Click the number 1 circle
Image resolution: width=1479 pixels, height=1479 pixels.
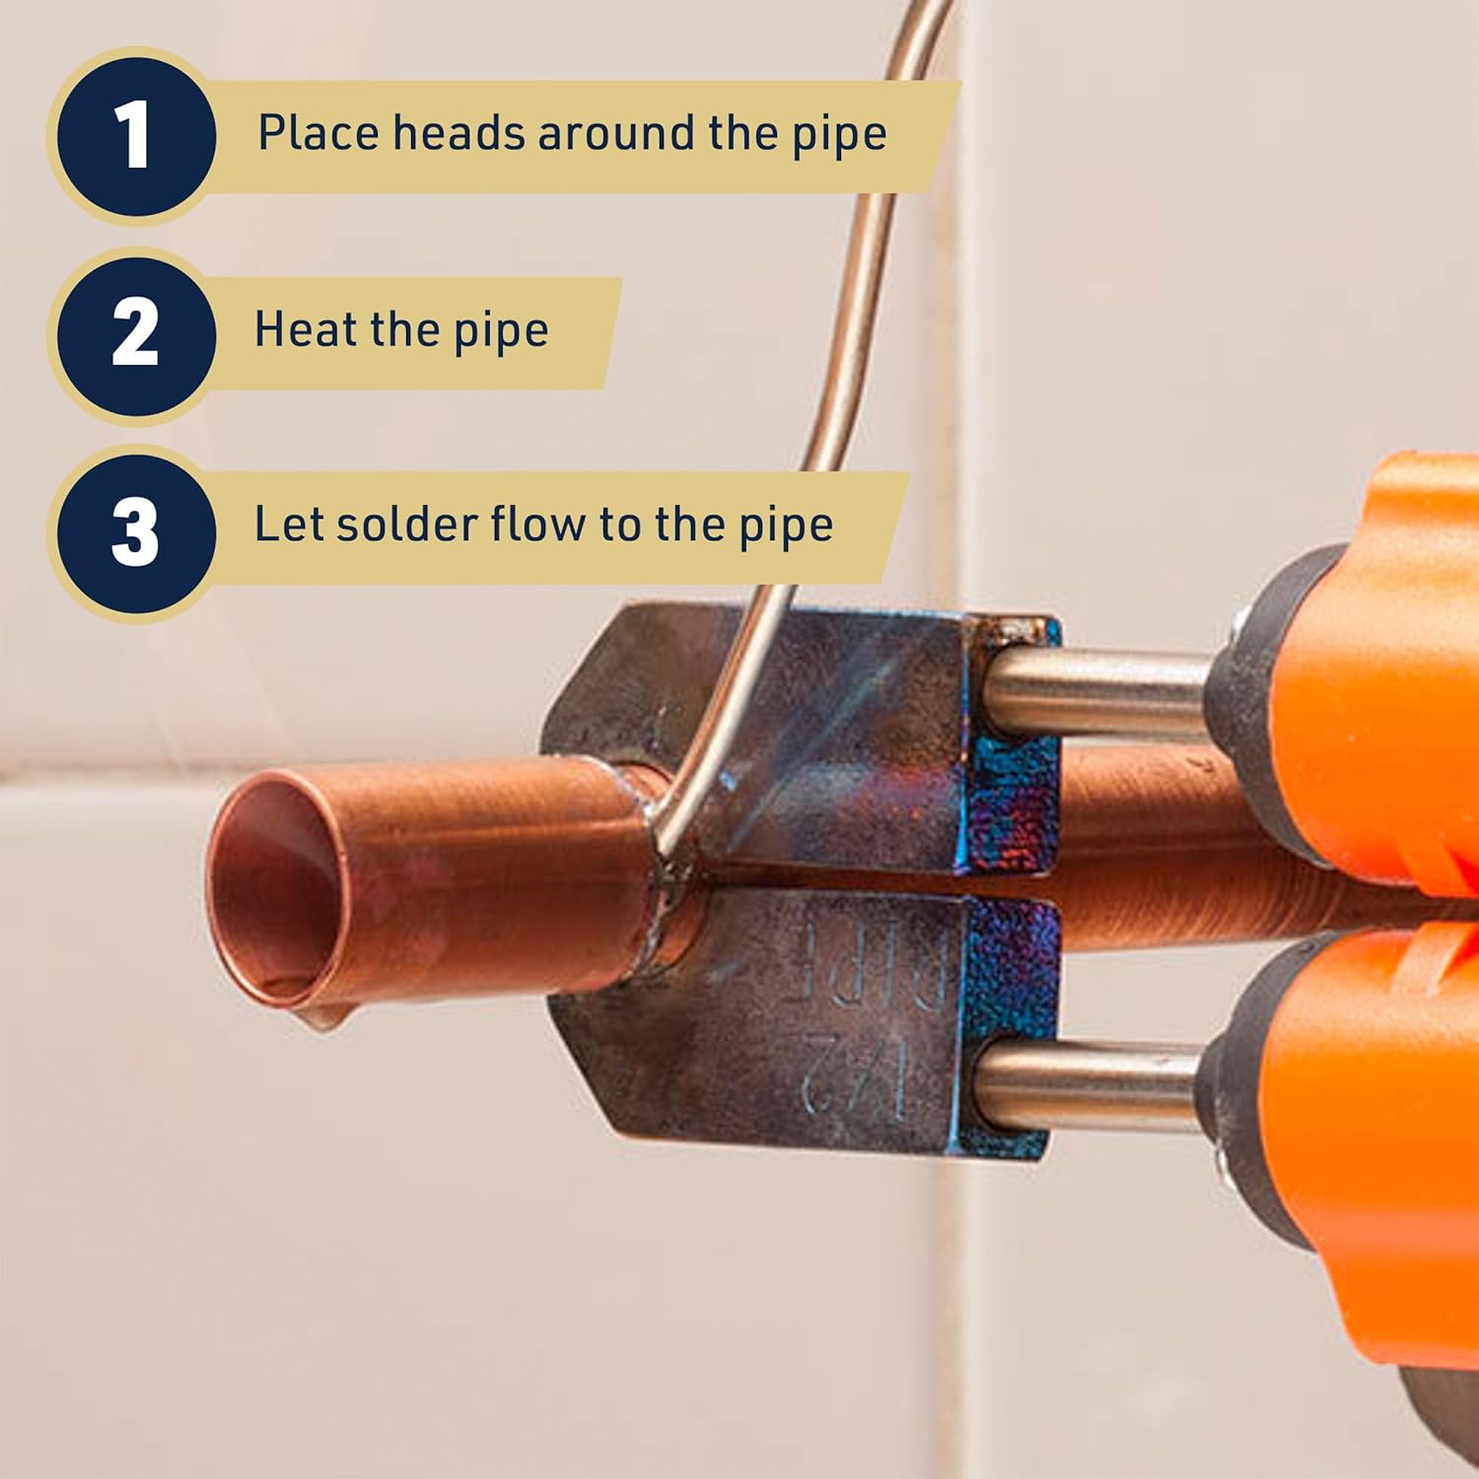(x=135, y=135)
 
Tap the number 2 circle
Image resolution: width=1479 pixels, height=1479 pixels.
(x=135, y=333)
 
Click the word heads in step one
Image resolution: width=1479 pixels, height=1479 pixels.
(x=458, y=133)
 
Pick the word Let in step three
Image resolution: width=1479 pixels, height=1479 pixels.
(x=288, y=524)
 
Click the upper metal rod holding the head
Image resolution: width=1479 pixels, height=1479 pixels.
(x=1094, y=688)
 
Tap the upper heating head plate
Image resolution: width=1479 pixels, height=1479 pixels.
(x=789, y=730)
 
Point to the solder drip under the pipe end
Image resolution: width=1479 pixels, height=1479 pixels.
(x=325, y=1016)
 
